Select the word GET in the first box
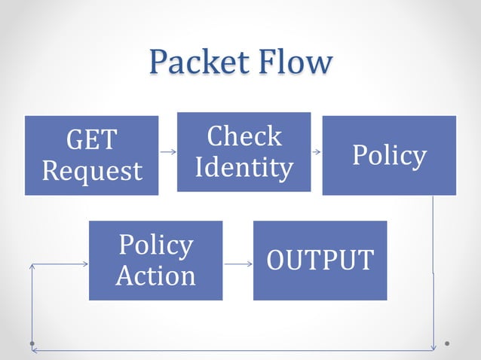click(x=91, y=140)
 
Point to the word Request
click(x=91, y=171)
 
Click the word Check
click(x=244, y=136)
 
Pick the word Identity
click(x=244, y=167)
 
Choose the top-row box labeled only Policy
click(x=389, y=155)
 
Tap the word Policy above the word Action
click(x=155, y=245)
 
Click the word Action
click(x=155, y=276)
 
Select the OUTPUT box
click(x=320, y=260)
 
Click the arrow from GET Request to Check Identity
click(x=167, y=151)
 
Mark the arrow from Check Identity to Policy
click(x=316, y=151)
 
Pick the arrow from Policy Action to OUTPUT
click(x=237, y=264)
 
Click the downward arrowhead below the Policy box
click(x=433, y=346)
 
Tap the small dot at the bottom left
click(x=32, y=343)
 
